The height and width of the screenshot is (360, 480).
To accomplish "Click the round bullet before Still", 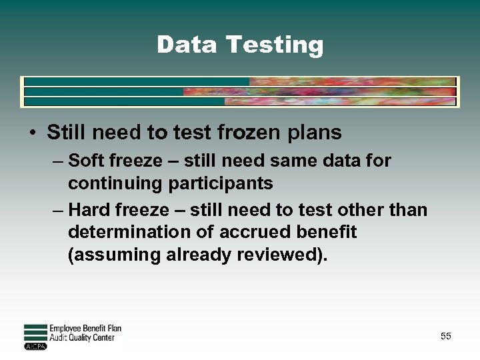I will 32,133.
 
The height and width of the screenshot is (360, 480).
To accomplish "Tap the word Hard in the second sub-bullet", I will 89,210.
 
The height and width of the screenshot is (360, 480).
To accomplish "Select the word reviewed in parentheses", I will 279,255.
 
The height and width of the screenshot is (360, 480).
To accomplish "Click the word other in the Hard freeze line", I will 363,210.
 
